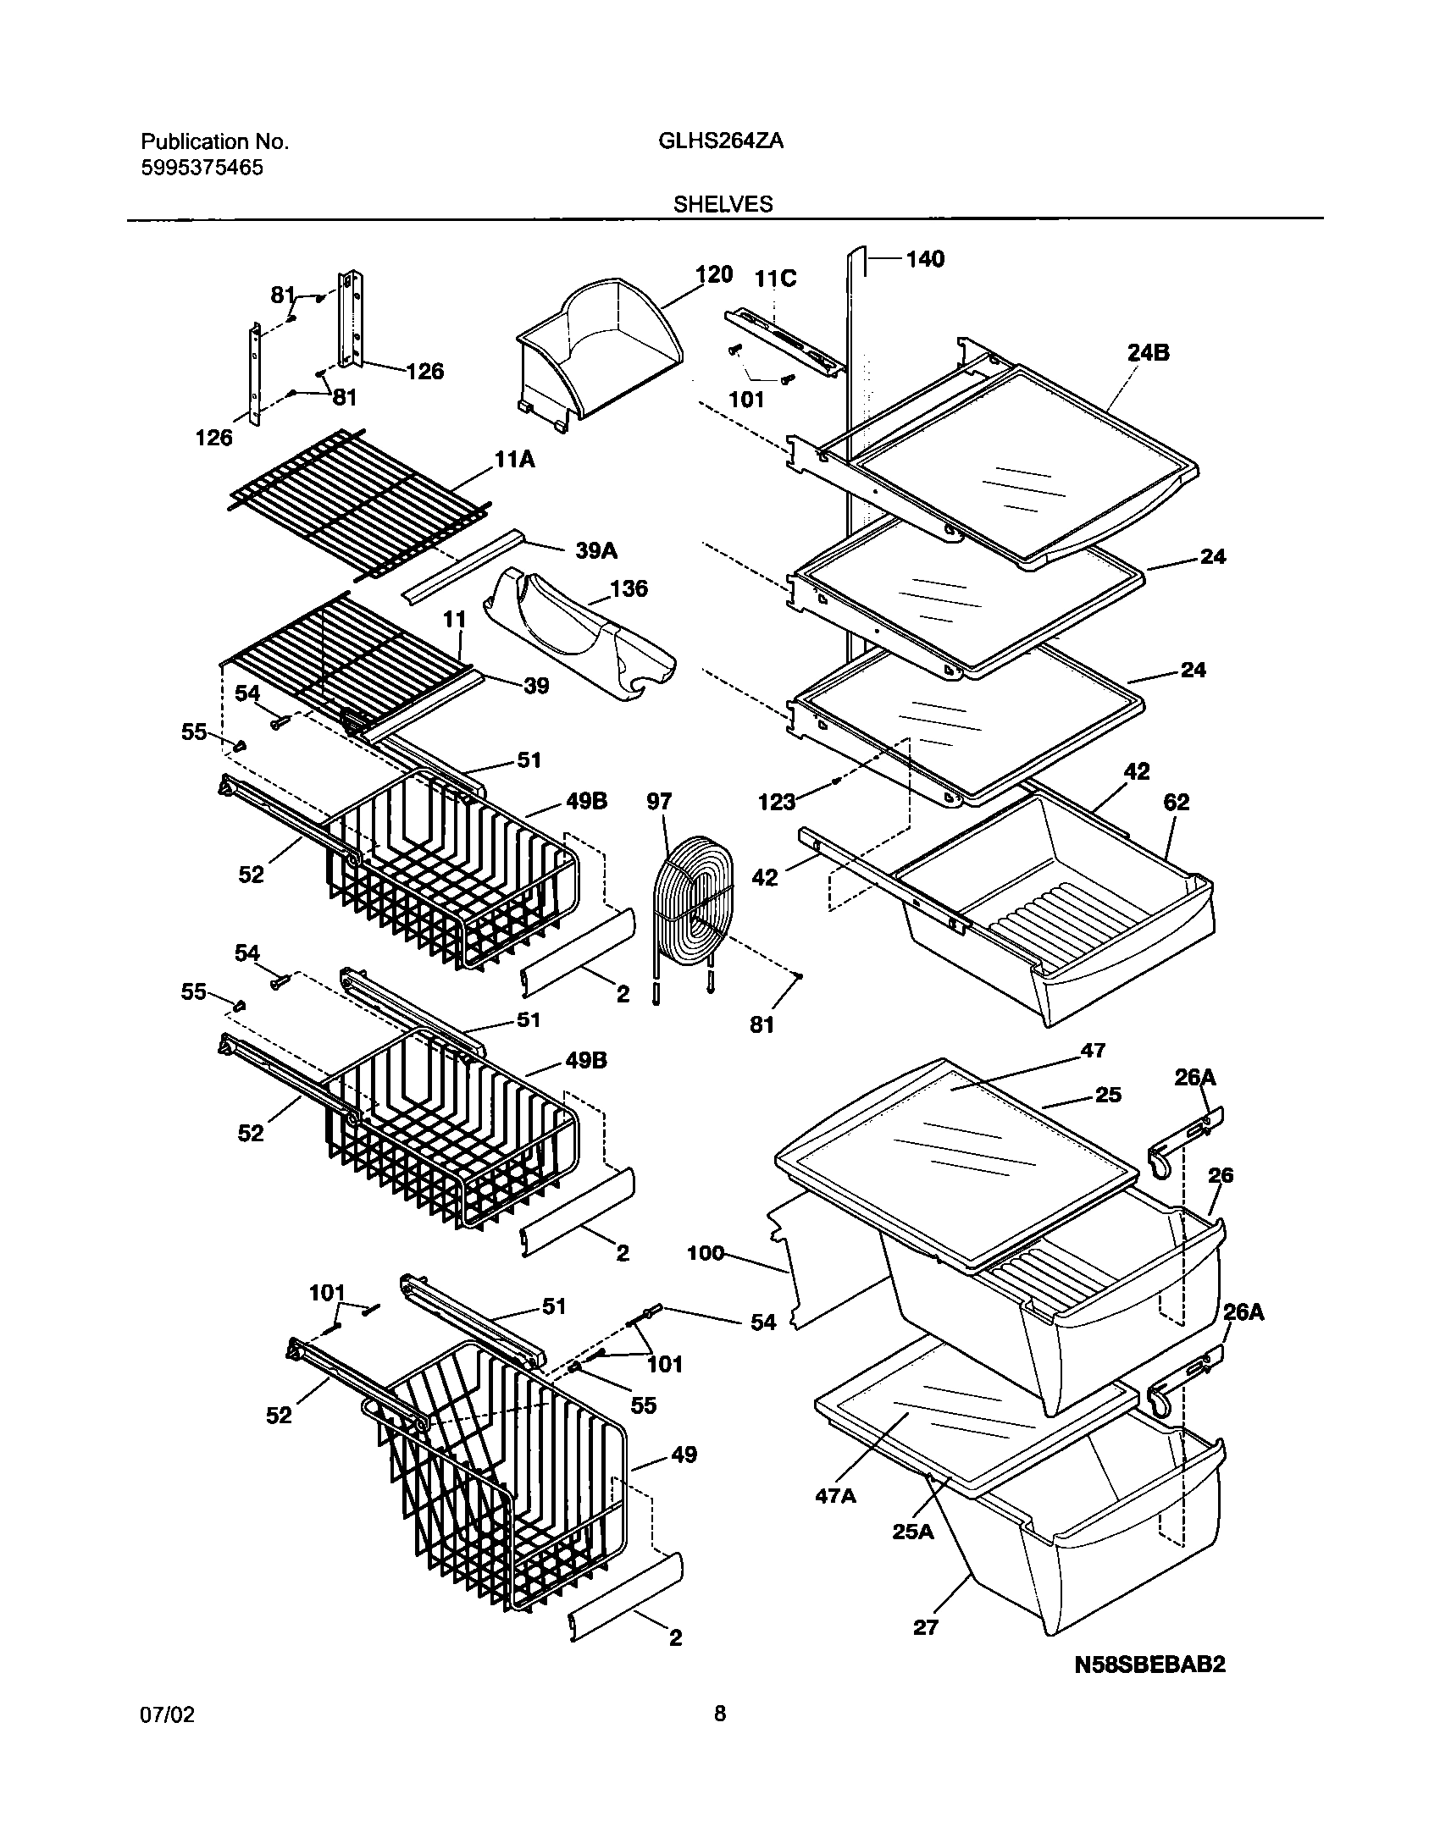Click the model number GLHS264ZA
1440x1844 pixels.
click(720, 142)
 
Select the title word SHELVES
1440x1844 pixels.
click(723, 204)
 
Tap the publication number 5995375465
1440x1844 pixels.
click(202, 168)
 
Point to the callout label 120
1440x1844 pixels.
click(713, 274)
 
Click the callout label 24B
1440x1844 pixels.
click(1148, 353)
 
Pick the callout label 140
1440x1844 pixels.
click(925, 259)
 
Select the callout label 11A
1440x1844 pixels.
click(516, 460)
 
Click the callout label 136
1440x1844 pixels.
click(629, 588)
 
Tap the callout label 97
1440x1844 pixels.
click(659, 801)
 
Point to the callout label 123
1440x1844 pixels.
click(777, 801)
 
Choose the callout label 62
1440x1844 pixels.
click(1177, 802)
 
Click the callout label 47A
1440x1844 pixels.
click(836, 1496)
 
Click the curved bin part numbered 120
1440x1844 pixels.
click(597, 351)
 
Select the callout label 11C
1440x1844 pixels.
click(776, 279)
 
